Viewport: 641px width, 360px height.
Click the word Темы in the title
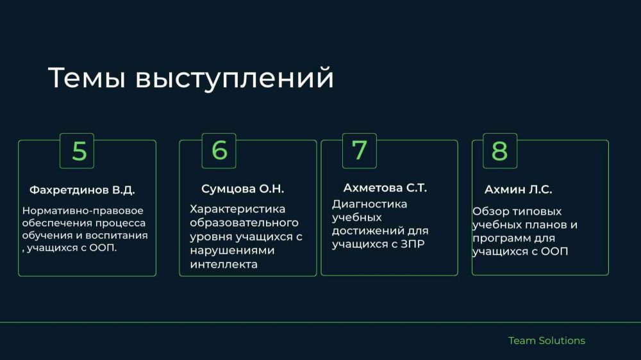(x=87, y=78)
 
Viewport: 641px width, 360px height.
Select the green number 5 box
(x=77, y=151)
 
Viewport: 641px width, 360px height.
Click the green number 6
(x=219, y=150)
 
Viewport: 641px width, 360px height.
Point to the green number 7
(x=360, y=150)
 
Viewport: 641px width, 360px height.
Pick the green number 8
(x=499, y=151)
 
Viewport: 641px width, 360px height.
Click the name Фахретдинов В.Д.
(x=82, y=190)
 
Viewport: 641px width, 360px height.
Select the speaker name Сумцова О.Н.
(x=242, y=189)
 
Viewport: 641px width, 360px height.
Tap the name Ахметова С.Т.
(x=385, y=188)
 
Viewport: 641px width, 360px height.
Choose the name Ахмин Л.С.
(x=518, y=190)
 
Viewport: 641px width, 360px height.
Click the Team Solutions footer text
(x=547, y=340)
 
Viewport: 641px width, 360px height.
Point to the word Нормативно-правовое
(x=83, y=211)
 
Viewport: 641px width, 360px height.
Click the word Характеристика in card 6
(x=237, y=209)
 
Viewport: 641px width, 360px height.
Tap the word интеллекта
(x=224, y=265)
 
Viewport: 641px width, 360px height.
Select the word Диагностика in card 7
(x=369, y=204)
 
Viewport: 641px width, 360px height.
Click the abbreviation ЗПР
(x=412, y=244)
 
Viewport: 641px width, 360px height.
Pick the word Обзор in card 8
(x=489, y=211)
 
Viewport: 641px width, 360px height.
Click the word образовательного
(x=244, y=223)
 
